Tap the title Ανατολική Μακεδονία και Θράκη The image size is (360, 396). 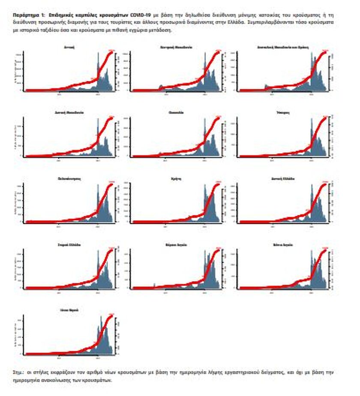[x=283, y=47]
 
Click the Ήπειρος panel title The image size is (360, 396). [x=283, y=113]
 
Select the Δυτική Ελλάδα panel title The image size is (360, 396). [x=283, y=178]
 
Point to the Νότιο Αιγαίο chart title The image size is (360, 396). [x=283, y=245]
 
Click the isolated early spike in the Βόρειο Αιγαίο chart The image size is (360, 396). [x=154, y=284]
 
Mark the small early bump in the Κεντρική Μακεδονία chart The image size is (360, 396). [x=161, y=87]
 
